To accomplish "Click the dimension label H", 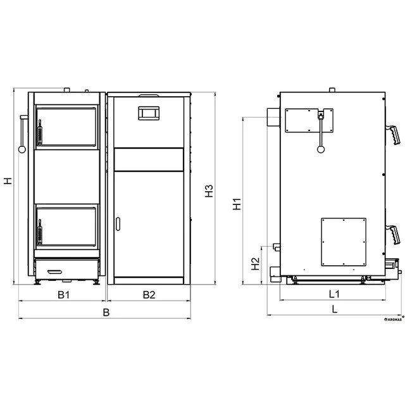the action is (x=8, y=180).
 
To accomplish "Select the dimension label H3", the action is (x=209, y=191).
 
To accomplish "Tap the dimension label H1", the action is (x=237, y=204).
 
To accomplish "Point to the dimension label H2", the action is (x=255, y=264).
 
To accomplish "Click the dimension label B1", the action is (x=63, y=294).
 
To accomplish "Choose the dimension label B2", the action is (x=149, y=294).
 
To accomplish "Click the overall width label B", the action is (x=106, y=312).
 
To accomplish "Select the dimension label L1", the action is (x=334, y=294).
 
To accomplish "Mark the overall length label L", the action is (x=335, y=309).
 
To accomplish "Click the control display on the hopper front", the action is (x=149, y=113).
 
